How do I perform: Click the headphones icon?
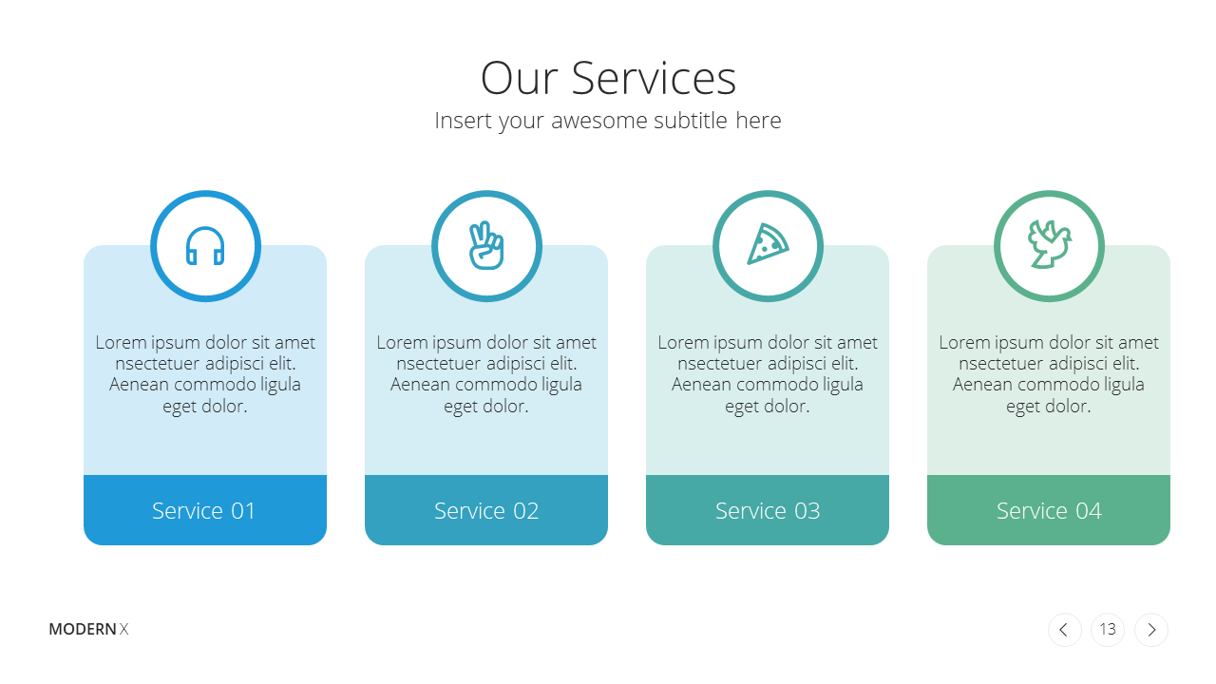[205, 246]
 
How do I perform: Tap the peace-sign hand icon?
[486, 245]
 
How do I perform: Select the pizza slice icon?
[768, 244]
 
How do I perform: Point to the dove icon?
[1050, 244]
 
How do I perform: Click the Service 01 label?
[204, 511]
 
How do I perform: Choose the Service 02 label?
[486, 511]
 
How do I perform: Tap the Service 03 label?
[768, 511]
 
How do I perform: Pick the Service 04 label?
[1049, 511]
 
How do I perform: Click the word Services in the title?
[654, 78]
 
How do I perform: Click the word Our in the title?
[519, 78]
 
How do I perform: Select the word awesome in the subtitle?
[599, 121]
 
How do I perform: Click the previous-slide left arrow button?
[1065, 630]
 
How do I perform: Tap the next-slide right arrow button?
[1151, 630]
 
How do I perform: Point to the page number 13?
[1108, 629]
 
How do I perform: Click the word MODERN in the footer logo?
[83, 629]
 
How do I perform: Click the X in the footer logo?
[124, 629]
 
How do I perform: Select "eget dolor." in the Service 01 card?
[205, 407]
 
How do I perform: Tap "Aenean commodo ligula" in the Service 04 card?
[1049, 385]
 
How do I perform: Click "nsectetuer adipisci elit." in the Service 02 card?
[486, 363]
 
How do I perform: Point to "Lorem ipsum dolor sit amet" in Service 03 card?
[768, 343]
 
